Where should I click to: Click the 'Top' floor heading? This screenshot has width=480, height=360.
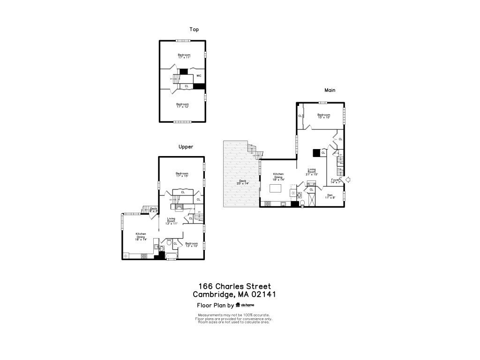tap(194, 30)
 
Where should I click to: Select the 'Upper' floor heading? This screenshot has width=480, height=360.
tap(186, 147)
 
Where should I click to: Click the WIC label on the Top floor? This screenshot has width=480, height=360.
tap(199, 75)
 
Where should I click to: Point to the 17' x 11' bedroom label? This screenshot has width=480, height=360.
tap(184, 56)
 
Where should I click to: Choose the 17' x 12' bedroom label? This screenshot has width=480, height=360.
tap(183, 105)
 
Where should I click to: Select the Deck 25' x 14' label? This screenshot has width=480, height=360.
tap(242, 182)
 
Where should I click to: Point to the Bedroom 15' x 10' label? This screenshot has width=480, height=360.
tap(323, 116)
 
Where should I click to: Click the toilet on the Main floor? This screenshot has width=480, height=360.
tap(303, 203)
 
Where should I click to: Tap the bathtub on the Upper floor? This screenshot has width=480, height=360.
tap(171, 255)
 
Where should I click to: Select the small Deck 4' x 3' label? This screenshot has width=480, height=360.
tap(153, 210)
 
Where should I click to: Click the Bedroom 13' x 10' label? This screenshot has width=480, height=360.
tap(191, 245)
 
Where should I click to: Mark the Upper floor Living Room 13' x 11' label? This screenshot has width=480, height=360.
tap(172, 221)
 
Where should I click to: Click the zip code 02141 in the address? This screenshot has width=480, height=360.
tap(263, 294)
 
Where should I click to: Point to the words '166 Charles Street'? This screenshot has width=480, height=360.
tap(234, 286)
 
